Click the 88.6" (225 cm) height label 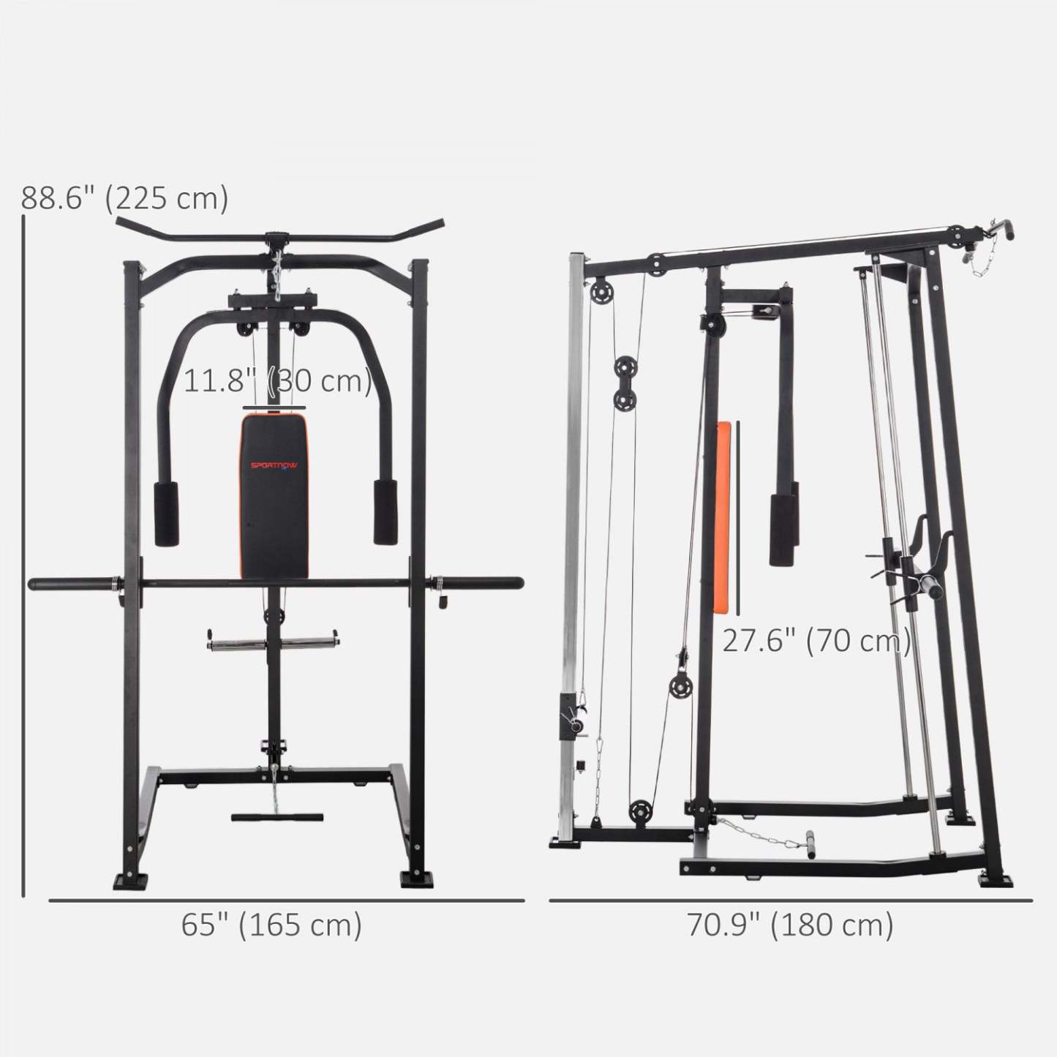click(x=124, y=198)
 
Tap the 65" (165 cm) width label click(x=271, y=925)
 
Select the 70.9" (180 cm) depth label click(x=790, y=925)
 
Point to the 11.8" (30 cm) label click(x=277, y=381)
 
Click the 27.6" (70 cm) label click(x=816, y=641)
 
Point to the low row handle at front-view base click(x=277, y=816)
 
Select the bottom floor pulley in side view click(x=641, y=812)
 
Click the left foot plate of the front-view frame click(x=130, y=880)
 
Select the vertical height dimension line click(x=24, y=556)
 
